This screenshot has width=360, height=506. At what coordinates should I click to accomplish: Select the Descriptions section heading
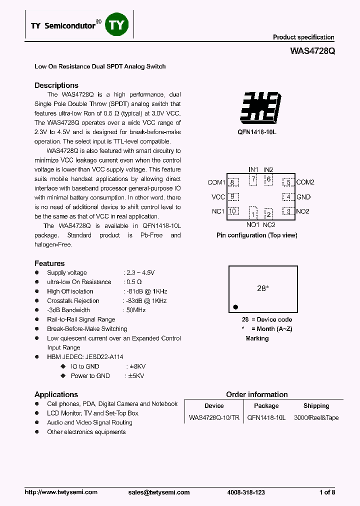pos(56,85)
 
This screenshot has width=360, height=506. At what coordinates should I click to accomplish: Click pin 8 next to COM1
pos(232,182)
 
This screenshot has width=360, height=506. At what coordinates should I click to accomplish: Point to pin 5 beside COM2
pos(288,183)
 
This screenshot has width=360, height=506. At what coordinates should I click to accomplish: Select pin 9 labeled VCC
pos(232,197)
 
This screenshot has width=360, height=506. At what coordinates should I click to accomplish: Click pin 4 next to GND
pos(288,197)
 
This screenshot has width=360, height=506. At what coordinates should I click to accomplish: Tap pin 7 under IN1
pos(253,179)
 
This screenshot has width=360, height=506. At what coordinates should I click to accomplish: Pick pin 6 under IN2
pos(268,179)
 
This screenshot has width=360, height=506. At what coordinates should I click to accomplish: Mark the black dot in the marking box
pos(235,307)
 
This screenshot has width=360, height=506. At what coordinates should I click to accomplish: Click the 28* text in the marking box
pos(263,288)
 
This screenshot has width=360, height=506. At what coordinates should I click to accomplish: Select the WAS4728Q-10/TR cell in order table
pos(213,418)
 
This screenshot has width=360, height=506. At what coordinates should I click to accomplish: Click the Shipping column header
pos(316,406)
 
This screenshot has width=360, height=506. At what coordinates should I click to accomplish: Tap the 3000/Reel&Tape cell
pos(316,418)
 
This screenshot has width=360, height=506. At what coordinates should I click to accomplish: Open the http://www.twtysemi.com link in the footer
pos(61,492)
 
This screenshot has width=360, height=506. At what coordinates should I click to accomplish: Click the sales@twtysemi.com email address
pos(159,492)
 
